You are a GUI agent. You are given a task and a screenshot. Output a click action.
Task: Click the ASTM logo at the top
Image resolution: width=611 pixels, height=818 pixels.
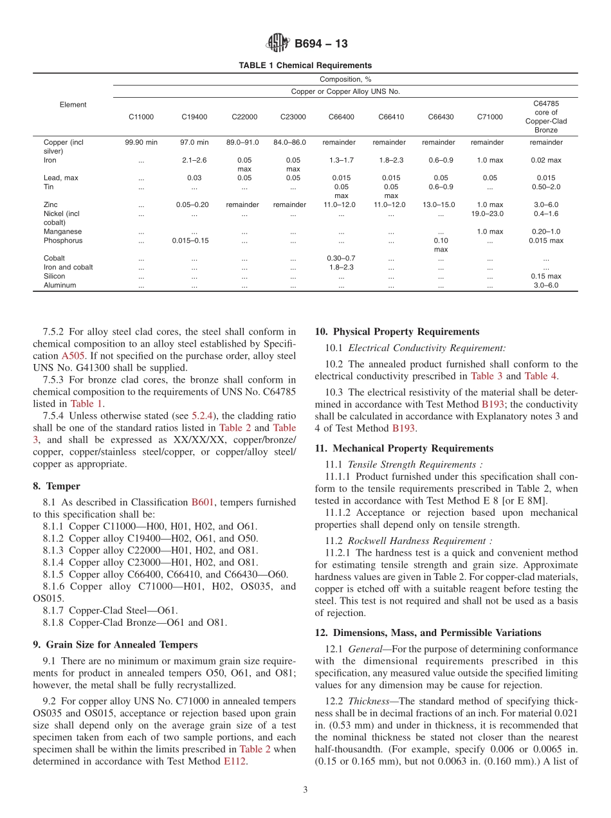click(x=278, y=43)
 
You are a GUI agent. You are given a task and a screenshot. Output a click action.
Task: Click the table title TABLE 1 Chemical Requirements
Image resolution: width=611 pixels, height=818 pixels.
click(x=305, y=66)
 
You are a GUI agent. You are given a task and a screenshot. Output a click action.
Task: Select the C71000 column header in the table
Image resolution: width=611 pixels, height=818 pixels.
click(x=490, y=117)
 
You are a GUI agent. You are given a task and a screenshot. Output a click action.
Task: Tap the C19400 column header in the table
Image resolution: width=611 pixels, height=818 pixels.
click(x=194, y=117)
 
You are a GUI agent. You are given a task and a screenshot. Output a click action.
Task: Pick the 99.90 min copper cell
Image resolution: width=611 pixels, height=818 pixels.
click(x=141, y=142)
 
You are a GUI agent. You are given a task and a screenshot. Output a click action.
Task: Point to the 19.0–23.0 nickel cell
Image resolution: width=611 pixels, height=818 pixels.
click(x=490, y=214)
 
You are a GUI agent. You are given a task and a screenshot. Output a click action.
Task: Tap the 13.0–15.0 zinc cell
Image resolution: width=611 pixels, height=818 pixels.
click(x=441, y=204)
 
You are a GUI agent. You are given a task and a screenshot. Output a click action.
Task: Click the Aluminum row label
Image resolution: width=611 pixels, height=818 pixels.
click(x=60, y=286)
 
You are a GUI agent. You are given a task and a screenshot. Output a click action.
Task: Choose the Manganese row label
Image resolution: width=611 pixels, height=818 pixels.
click(x=63, y=232)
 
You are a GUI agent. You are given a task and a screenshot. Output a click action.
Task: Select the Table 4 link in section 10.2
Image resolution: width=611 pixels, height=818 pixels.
click(x=540, y=376)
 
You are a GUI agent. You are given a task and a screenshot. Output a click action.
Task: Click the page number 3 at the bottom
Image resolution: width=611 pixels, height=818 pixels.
click(x=305, y=790)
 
